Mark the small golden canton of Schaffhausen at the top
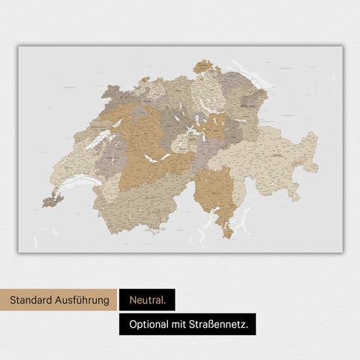point(205,67)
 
